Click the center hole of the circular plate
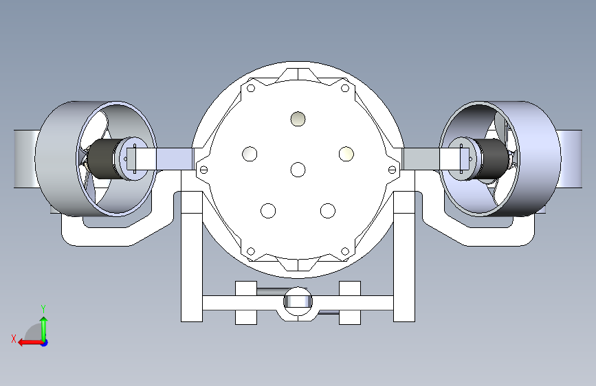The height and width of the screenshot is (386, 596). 298,170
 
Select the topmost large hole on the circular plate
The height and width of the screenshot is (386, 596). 298,119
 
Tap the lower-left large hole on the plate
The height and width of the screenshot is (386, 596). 268,210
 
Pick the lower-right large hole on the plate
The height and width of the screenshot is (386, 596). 328,210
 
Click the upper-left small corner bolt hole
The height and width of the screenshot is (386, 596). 251,88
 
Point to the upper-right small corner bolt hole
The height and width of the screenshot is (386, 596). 345,88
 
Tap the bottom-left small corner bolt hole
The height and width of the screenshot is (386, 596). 251,251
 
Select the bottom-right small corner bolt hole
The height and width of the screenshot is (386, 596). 345,251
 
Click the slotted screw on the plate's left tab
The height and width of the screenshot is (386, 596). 203,170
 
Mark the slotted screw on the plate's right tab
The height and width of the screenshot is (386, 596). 393,170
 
